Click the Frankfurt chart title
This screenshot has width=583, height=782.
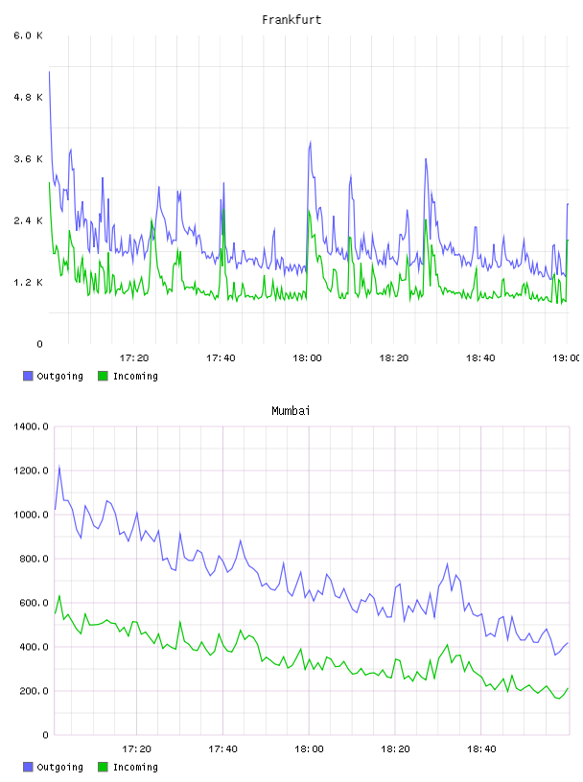coord(291,20)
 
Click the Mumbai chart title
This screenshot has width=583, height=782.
coord(291,411)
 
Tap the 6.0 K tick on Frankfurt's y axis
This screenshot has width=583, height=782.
coord(28,35)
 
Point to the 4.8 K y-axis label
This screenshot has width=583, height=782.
coord(28,97)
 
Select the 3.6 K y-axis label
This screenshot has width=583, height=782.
coord(28,159)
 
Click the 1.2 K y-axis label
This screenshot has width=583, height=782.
coord(28,283)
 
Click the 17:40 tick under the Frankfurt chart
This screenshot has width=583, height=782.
coord(221,357)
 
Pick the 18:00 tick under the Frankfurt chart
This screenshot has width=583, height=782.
coord(307,357)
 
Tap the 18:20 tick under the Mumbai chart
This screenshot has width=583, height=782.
coord(395,748)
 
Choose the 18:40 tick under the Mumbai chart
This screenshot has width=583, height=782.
coord(481,748)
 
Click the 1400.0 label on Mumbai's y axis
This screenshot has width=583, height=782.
coord(31,426)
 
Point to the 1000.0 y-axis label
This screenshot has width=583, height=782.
coord(31,515)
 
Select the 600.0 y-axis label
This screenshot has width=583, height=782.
coord(34,603)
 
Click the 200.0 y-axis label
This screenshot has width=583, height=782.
coord(34,691)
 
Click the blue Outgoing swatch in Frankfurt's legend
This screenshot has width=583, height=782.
coord(28,376)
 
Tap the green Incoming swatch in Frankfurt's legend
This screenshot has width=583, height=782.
coord(103,376)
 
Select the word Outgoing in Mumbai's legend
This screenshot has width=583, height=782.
coord(59,767)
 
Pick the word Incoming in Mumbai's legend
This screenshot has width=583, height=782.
coord(135,767)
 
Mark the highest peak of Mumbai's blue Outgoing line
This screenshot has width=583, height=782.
coord(59,467)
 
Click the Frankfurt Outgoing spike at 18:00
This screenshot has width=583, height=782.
coord(311,142)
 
